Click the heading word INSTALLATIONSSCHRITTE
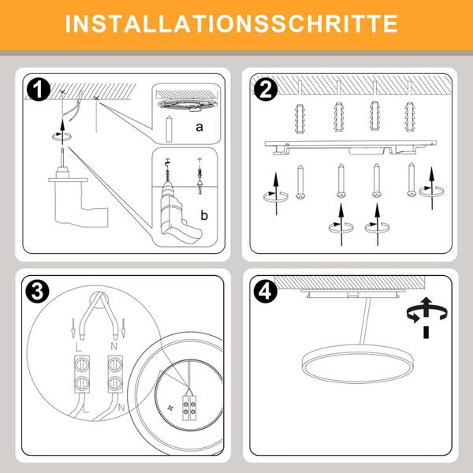[x=231, y=24]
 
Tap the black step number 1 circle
[x=39, y=89]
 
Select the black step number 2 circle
[x=266, y=89]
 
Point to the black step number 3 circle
[x=37, y=292]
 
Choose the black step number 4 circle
[x=266, y=292]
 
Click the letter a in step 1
[x=199, y=127]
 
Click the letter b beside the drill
[x=204, y=215]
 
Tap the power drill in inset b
[x=179, y=208]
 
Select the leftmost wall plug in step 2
[x=300, y=118]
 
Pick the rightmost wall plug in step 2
[x=410, y=117]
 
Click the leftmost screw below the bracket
[x=300, y=182]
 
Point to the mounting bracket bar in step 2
[x=351, y=147]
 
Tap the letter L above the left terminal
[x=78, y=347]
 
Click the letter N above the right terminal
[x=114, y=346]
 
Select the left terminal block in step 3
[x=82, y=374]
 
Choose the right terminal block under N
[x=115, y=374]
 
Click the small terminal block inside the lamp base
[x=189, y=408]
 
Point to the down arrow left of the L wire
[x=73, y=328]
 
